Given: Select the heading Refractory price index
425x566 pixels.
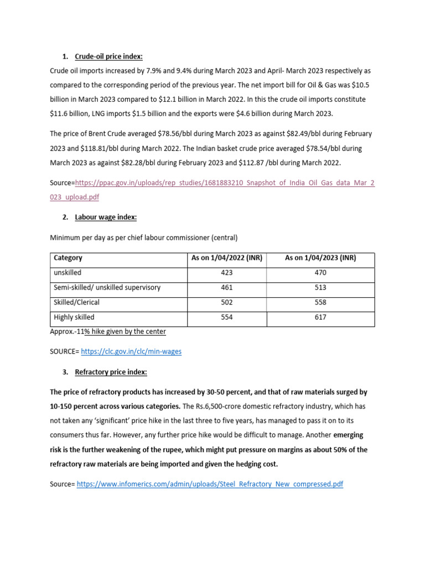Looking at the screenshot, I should click(x=111, y=372).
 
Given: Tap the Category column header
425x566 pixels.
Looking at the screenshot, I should click(x=68, y=258).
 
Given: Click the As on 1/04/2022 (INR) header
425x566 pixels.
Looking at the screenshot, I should click(x=226, y=258).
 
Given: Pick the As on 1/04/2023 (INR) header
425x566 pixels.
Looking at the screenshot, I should click(x=320, y=258).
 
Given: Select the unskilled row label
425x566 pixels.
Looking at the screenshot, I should click(x=67, y=272).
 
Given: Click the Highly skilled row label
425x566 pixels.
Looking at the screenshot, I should click(x=74, y=317).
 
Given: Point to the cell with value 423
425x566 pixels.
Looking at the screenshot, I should click(x=226, y=272).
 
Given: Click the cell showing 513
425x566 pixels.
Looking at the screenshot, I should click(x=320, y=287).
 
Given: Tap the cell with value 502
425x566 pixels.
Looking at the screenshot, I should click(x=226, y=302).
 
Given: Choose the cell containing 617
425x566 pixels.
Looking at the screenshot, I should click(x=320, y=317).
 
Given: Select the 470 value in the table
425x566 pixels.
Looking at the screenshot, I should click(x=320, y=272).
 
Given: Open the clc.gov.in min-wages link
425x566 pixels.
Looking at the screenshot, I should click(x=131, y=351).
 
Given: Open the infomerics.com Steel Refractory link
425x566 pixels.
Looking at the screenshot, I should click(x=210, y=484).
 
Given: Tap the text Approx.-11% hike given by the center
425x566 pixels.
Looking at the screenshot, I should click(x=108, y=332).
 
